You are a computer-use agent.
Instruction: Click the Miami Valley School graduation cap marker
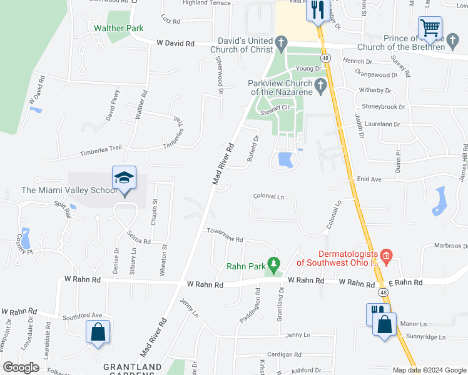(x=124, y=179)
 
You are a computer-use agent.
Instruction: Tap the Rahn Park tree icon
(x=273, y=262)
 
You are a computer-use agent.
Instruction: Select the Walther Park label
(x=118, y=28)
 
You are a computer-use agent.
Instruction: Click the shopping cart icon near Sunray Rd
(x=430, y=28)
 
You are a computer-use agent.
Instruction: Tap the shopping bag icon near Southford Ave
(x=98, y=332)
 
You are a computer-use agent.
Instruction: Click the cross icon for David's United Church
(x=282, y=43)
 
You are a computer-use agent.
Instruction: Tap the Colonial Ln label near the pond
(x=268, y=196)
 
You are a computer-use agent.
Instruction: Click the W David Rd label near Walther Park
(x=175, y=44)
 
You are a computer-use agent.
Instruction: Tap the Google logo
(x=21, y=367)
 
